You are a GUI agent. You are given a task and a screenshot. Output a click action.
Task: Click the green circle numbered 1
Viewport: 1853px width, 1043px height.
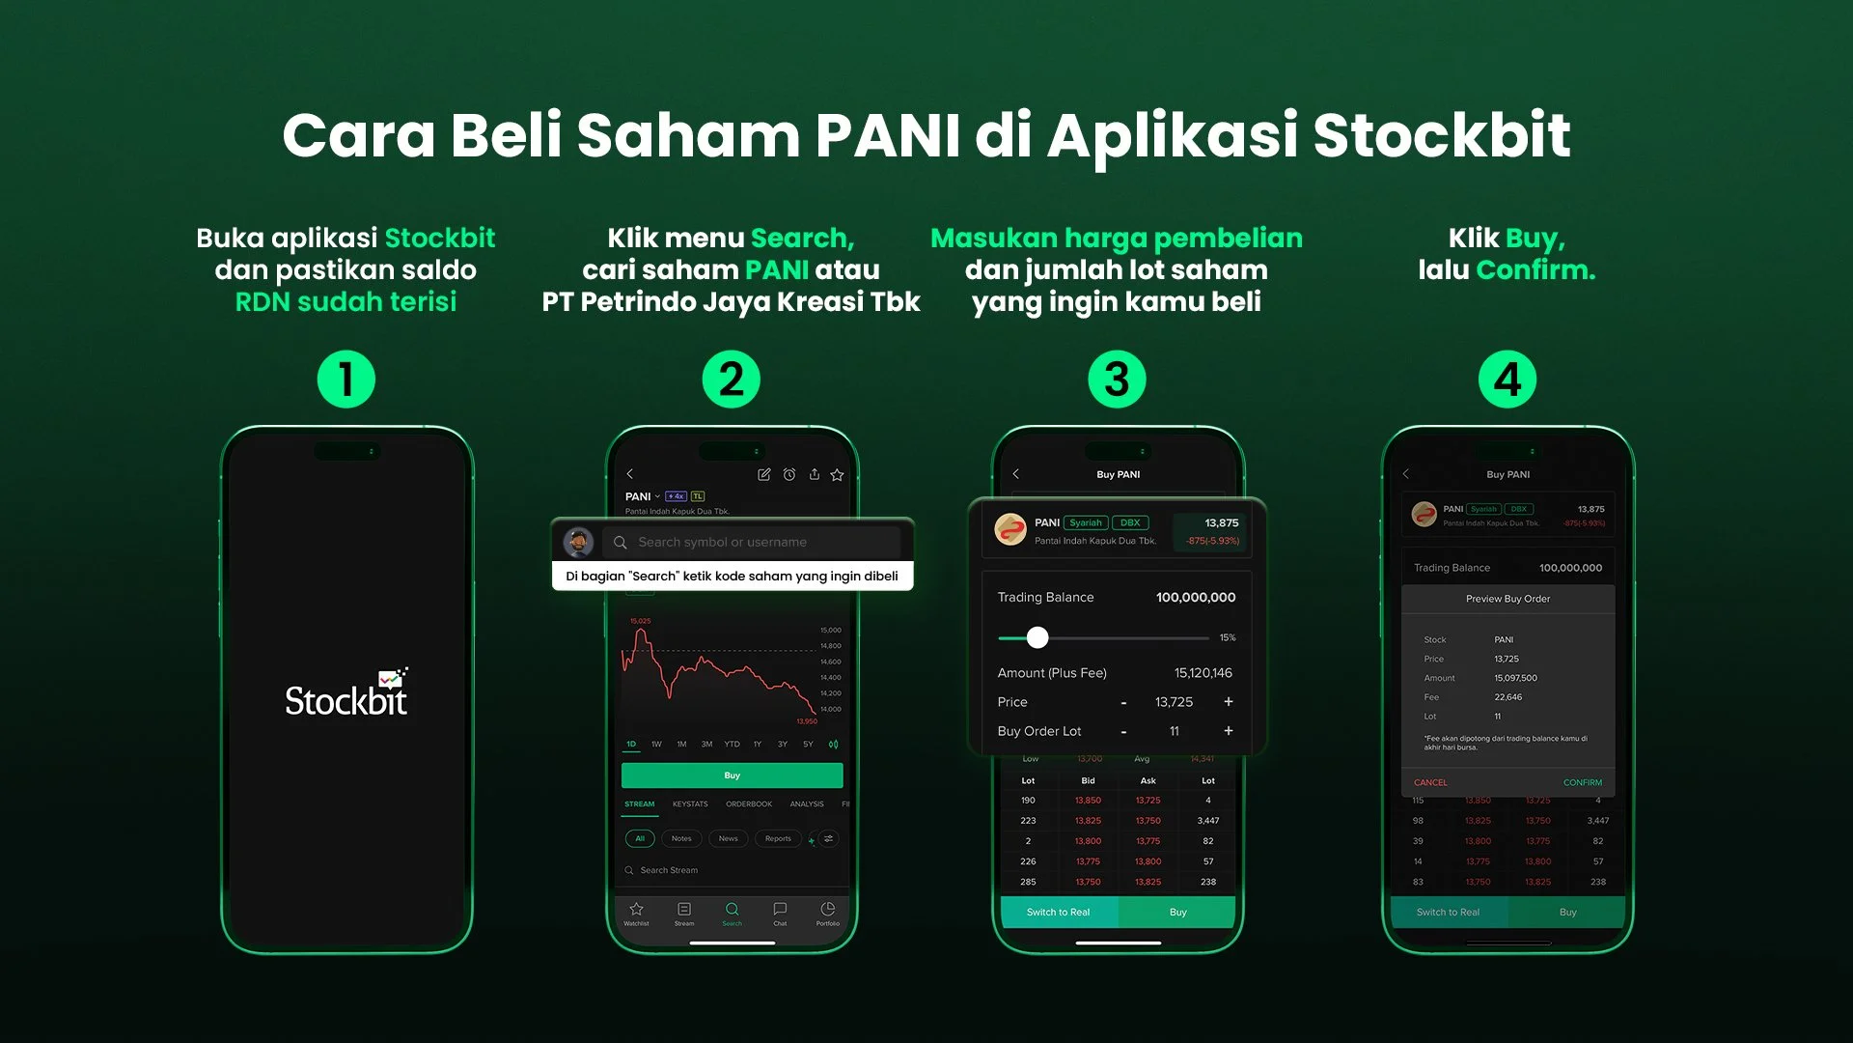point(346,380)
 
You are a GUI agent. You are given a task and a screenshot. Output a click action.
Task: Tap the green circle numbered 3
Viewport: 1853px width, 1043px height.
point(1117,380)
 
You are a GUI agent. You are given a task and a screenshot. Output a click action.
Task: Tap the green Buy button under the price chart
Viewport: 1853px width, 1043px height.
point(732,775)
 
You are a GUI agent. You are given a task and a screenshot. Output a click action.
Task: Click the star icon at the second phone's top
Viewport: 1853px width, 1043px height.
point(837,475)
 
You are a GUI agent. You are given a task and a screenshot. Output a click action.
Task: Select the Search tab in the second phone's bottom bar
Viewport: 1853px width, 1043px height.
point(732,913)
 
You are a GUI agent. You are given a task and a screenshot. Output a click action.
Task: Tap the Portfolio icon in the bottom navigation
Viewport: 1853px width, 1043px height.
point(827,913)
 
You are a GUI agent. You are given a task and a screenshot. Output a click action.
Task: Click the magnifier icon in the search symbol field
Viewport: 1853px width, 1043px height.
point(621,543)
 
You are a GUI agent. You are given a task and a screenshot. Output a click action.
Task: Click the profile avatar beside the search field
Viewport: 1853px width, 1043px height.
point(578,542)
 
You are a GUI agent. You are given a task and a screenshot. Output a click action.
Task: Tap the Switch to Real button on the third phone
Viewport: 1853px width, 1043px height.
point(1058,913)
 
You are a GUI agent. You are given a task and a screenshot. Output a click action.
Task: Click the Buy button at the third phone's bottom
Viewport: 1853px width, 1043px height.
point(1177,913)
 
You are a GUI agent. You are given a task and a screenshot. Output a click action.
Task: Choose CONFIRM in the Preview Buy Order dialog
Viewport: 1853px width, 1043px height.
point(1582,783)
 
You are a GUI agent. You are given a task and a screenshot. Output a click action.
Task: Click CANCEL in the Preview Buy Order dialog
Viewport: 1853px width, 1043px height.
point(1430,783)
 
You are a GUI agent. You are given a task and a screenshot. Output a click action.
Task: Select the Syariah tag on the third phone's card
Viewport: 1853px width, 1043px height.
point(1085,523)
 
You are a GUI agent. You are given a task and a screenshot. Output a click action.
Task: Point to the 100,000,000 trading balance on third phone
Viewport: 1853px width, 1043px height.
point(1195,598)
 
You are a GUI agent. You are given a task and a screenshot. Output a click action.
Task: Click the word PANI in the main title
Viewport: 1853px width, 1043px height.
point(887,135)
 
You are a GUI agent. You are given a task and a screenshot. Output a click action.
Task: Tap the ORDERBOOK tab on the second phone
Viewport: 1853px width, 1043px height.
point(749,804)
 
